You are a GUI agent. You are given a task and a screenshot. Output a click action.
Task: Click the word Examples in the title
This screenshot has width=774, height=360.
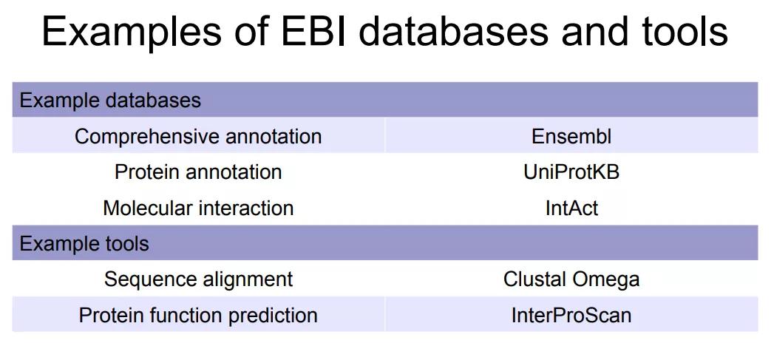[x=132, y=32]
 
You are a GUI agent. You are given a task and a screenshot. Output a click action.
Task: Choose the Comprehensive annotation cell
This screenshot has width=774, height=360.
[x=198, y=136]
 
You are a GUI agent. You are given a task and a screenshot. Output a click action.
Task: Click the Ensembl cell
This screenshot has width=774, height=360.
[x=571, y=136]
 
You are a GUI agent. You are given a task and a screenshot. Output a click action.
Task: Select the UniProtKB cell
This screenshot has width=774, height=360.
[x=571, y=171]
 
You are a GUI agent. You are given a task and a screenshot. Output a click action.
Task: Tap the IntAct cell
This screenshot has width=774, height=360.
[x=571, y=208]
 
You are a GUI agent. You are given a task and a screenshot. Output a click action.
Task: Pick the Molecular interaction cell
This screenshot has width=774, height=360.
[x=198, y=208]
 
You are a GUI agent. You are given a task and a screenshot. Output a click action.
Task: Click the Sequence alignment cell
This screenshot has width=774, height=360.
[x=198, y=279]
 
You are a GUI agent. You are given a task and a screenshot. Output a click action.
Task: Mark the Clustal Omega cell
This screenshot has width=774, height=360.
[x=571, y=279]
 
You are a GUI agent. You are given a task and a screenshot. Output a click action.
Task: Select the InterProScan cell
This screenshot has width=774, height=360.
[x=571, y=315]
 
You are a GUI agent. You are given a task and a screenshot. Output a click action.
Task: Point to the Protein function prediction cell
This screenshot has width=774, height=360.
[x=198, y=315]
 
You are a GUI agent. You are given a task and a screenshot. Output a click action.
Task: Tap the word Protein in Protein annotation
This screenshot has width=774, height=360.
[x=146, y=171]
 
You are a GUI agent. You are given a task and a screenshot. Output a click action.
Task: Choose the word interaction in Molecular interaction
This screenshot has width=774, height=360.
[x=246, y=208]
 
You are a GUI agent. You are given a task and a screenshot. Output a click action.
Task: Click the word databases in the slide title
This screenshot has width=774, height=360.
[x=452, y=30]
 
